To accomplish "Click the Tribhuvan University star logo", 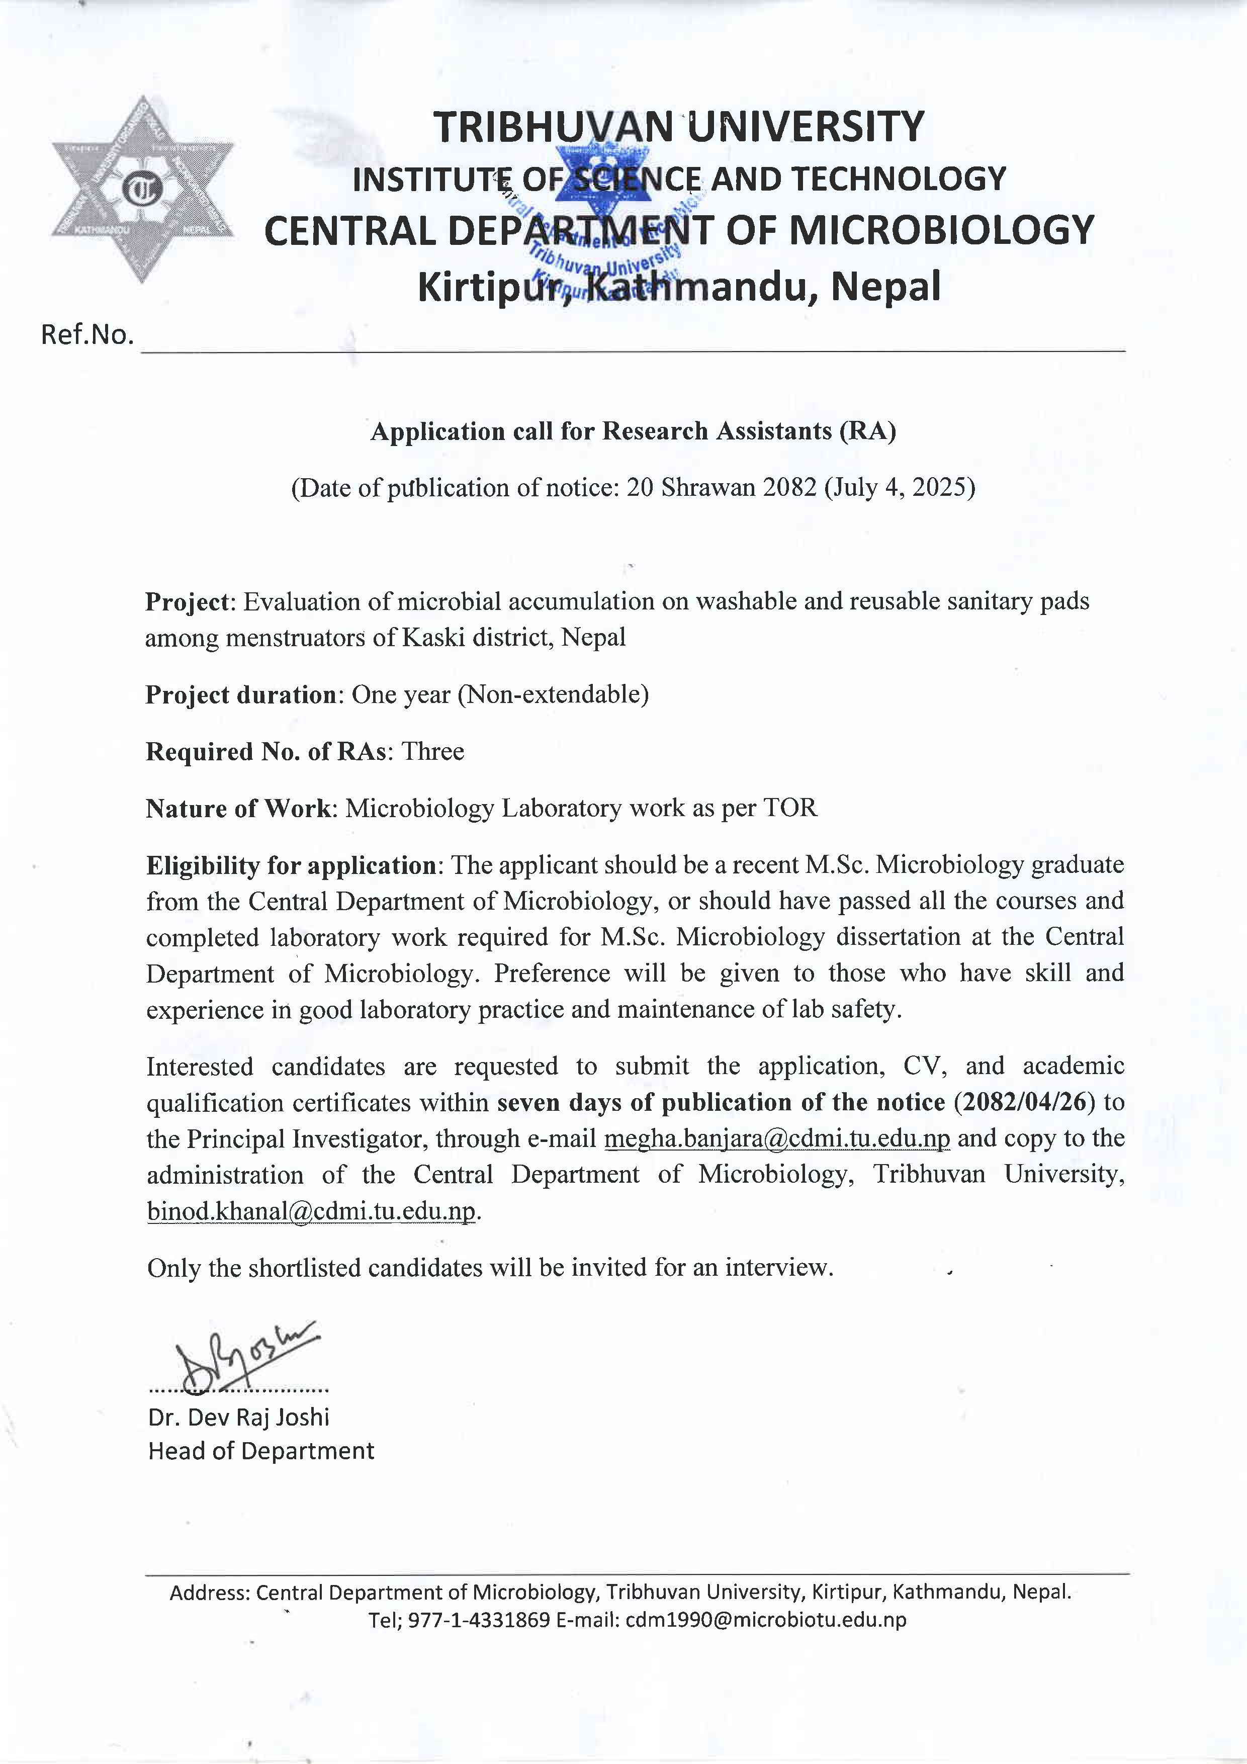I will (x=143, y=189).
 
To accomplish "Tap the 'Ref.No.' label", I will (x=87, y=335).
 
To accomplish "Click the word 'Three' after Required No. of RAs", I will (x=433, y=751).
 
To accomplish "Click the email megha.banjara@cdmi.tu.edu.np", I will (x=777, y=1138).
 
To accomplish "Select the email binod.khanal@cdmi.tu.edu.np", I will (x=311, y=1211).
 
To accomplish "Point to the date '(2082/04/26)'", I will (x=1023, y=1102).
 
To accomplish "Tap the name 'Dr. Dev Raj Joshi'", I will (x=239, y=1417).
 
